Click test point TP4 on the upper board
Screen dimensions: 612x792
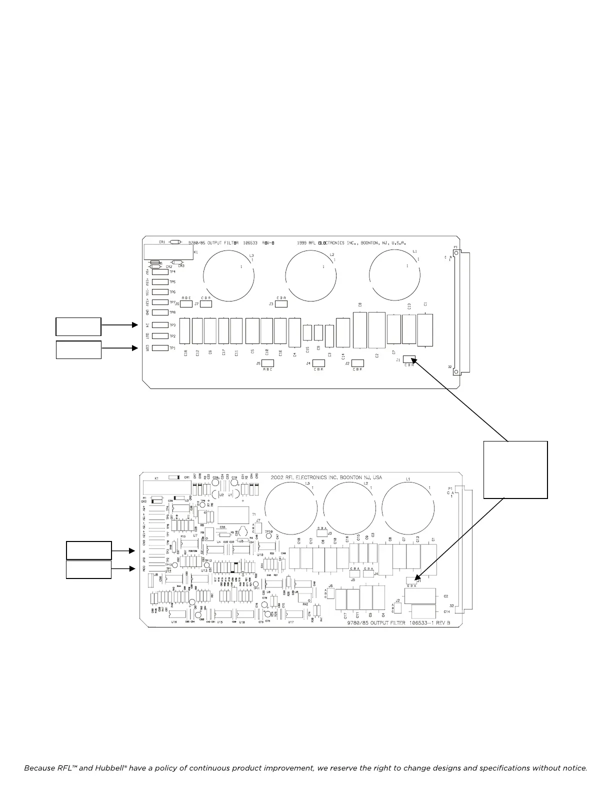pyautogui.click(x=160, y=272)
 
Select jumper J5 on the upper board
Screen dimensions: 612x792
pyautogui.click(x=268, y=363)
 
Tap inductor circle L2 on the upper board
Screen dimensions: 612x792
pyautogui.click(x=310, y=275)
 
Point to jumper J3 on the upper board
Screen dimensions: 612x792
pyautogui.click(x=281, y=303)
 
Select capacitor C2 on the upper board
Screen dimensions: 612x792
pyautogui.click(x=376, y=330)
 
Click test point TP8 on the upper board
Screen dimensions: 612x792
pyautogui.click(x=160, y=312)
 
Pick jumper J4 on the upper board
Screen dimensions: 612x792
pyautogui.click(x=318, y=363)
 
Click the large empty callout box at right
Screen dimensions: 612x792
pyautogui.click(x=515, y=469)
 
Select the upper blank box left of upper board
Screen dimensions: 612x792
pyautogui.click(x=78, y=326)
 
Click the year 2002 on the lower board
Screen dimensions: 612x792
pyautogui.click(x=278, y=477)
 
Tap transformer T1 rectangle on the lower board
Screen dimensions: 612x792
pyautogui.click(x=233, y=514)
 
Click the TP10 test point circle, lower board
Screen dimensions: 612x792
pyautogui.click(x=268, y=536)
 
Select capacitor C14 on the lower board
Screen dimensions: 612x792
pyautogui.click(x=423, y=611)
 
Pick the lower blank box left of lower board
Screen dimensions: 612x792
pyautogui.click(x=89, y=569)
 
